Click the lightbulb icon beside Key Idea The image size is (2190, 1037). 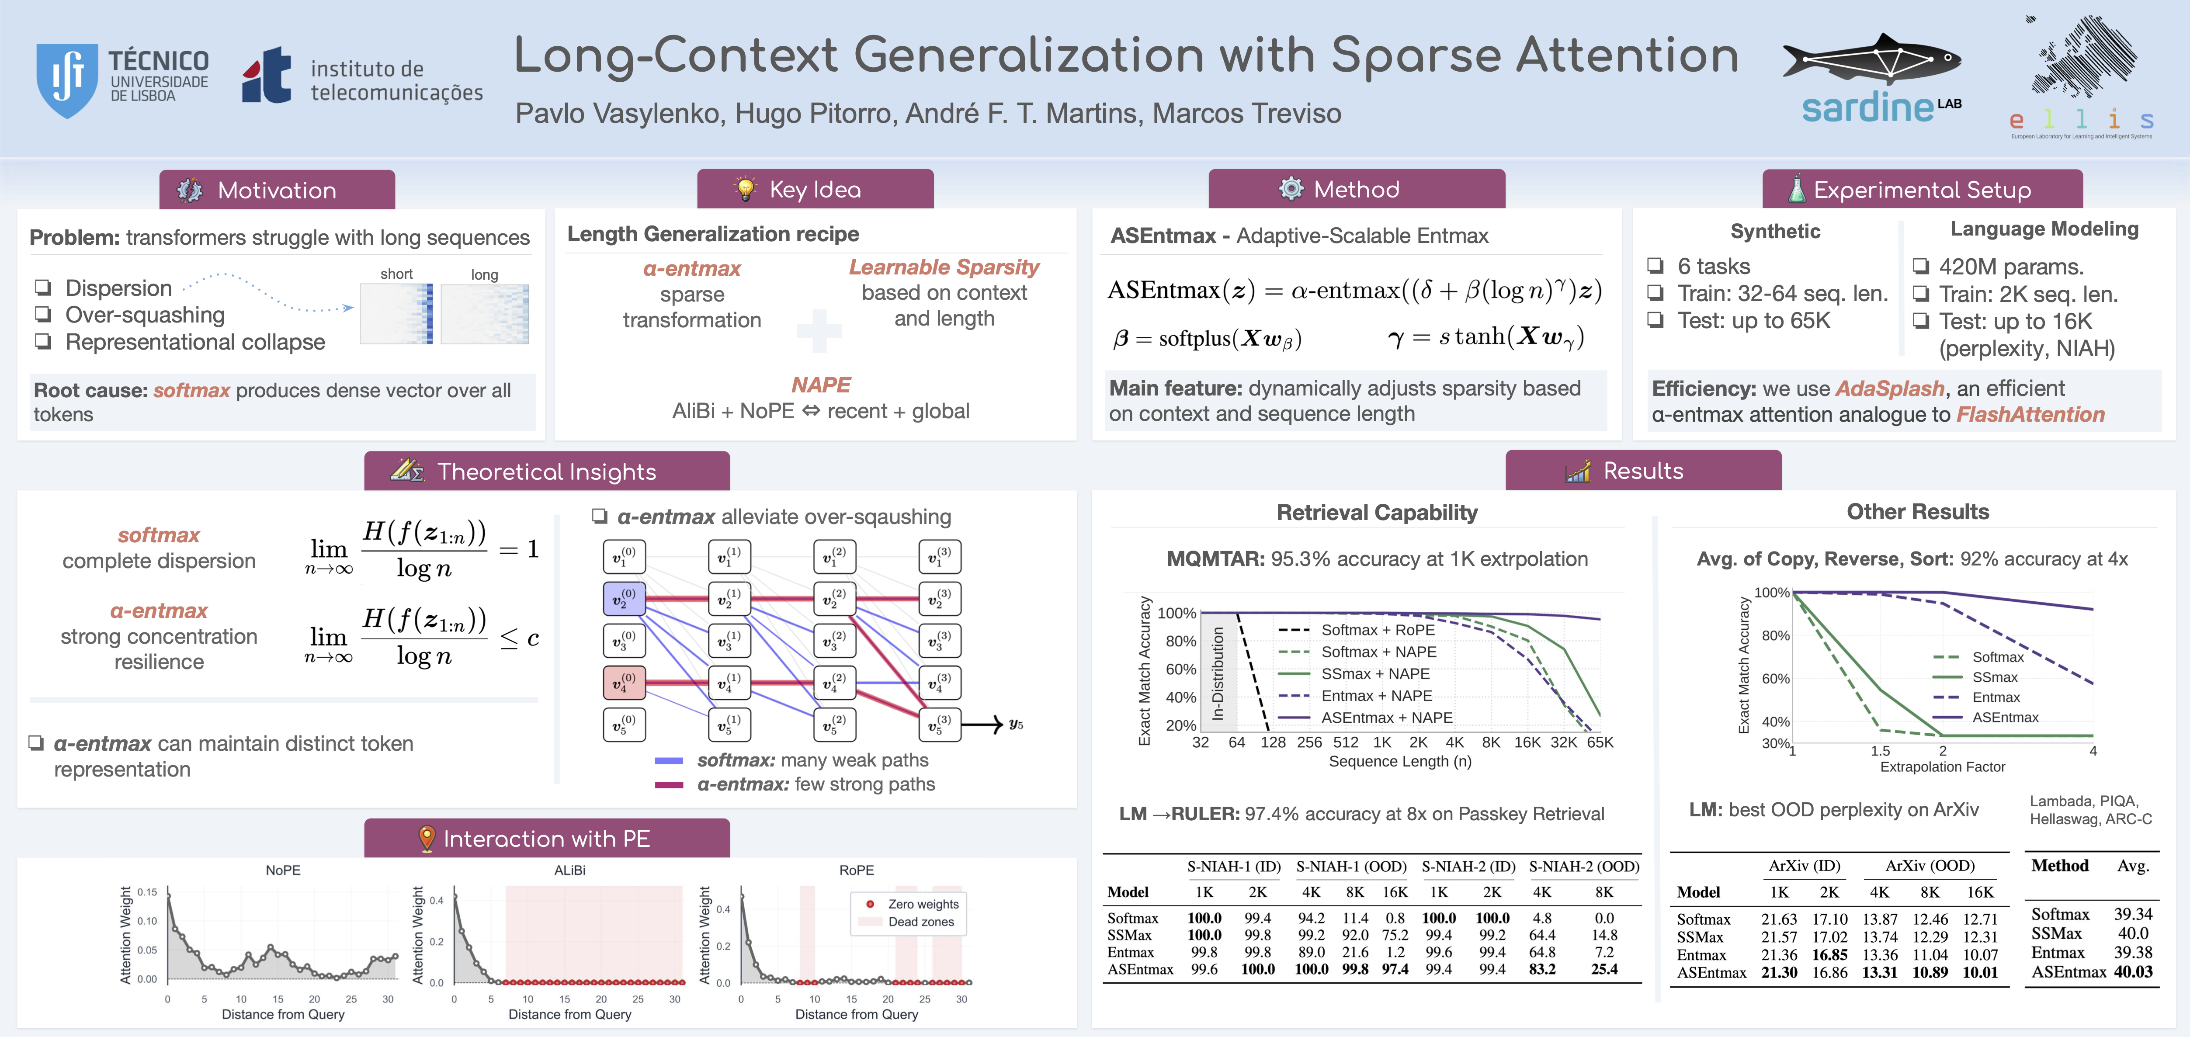click(745, 189)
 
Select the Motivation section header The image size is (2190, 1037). click(277, 190)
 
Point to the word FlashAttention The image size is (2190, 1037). click(2030, 415)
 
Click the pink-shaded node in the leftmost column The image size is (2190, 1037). click(624, 682)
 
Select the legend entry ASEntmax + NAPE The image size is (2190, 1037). click(1386, 718)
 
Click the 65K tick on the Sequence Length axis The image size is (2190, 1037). click(1600, 742)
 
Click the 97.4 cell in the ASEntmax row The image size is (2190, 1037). click(1394, 969)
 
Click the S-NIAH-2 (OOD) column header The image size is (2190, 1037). click(1584, 866)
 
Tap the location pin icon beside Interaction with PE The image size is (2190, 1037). click(427, 839)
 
